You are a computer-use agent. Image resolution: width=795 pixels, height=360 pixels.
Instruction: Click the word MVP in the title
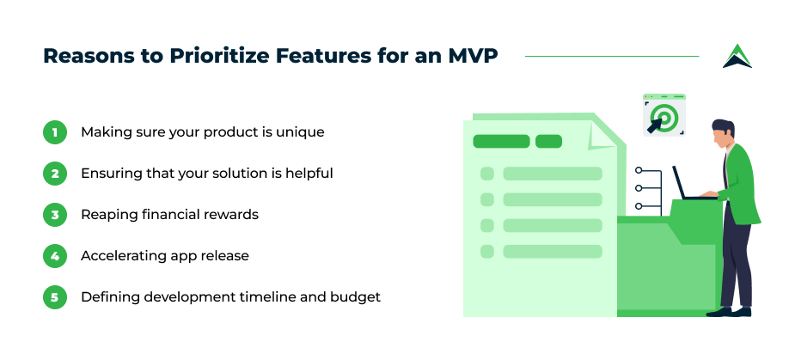[473, 56]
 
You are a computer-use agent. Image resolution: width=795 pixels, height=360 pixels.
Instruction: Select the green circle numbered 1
[55, 132]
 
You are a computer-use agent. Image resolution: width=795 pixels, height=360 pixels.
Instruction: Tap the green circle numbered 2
[55, 174]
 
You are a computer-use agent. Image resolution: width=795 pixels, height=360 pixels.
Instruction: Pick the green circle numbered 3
[55, 215]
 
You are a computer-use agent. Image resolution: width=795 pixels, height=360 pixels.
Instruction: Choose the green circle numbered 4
[55, 255]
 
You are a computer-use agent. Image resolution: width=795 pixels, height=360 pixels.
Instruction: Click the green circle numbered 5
[55, 296]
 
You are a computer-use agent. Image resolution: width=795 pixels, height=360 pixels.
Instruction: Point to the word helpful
[309, 174]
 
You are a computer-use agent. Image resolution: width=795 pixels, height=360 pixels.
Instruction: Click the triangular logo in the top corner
[737, 56]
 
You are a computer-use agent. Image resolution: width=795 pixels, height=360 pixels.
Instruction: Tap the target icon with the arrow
[664, 115]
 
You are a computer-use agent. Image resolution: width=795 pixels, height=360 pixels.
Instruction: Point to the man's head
[722, 134]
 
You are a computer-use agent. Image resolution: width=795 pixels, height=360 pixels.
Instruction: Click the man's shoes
[729, 312]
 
